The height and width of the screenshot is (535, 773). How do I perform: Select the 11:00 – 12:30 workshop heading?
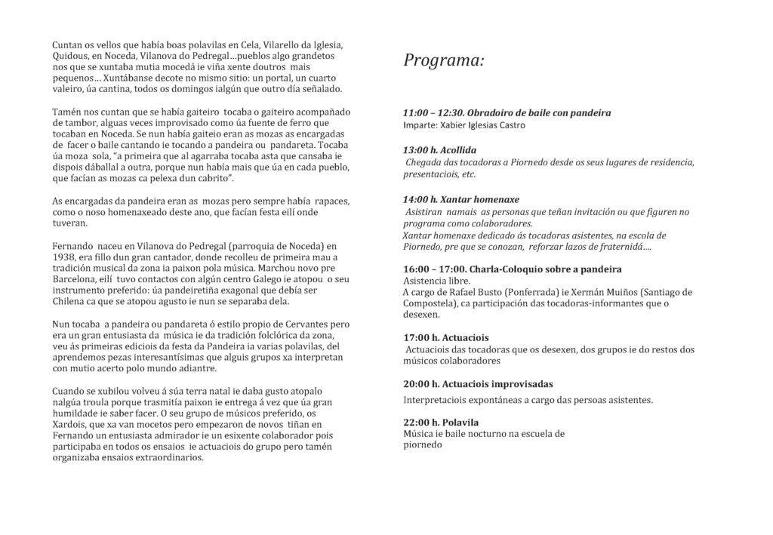[x=507, y=113]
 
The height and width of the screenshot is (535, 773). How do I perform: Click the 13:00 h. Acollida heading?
[x=439, y=150]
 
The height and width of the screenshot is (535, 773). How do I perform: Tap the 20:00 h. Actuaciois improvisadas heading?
[x=478, y=384]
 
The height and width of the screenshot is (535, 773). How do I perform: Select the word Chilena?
[x=70, y=302]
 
